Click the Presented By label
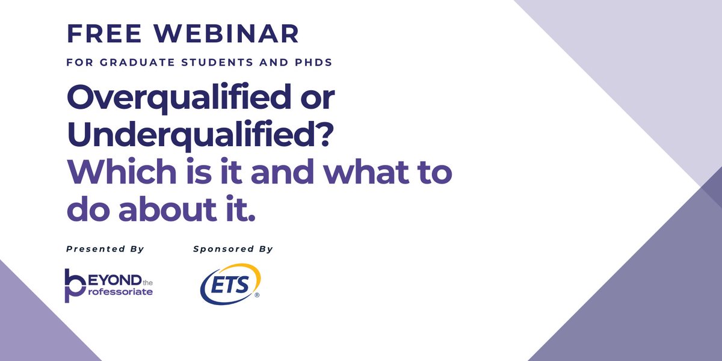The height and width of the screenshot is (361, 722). pos(105,249)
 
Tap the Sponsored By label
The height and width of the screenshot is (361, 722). pos(233,249)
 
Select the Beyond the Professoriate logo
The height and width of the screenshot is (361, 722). pos(108,285)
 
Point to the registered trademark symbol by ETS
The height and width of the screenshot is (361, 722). pos(257,295)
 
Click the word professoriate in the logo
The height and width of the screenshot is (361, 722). pos(119,291)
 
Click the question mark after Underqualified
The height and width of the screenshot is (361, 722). pos(324,138)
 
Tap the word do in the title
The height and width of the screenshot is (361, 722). pos(87,212)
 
